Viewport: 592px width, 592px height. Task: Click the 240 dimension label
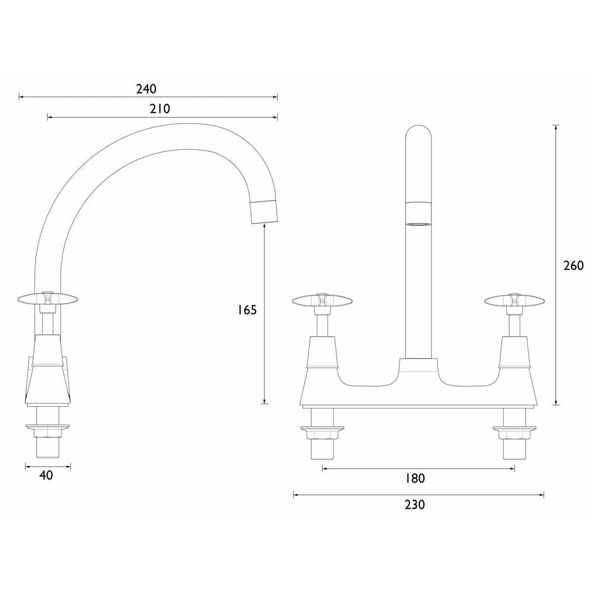point(146,89)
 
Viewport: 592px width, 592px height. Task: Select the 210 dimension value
point(160,109)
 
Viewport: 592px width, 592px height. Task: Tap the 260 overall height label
point(573,265)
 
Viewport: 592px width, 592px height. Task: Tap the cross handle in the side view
point(48,299)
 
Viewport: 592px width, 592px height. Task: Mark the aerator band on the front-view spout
point(419,213)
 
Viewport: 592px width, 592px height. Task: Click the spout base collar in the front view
point(419,366)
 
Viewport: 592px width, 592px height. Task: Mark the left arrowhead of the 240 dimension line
point(21,96)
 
